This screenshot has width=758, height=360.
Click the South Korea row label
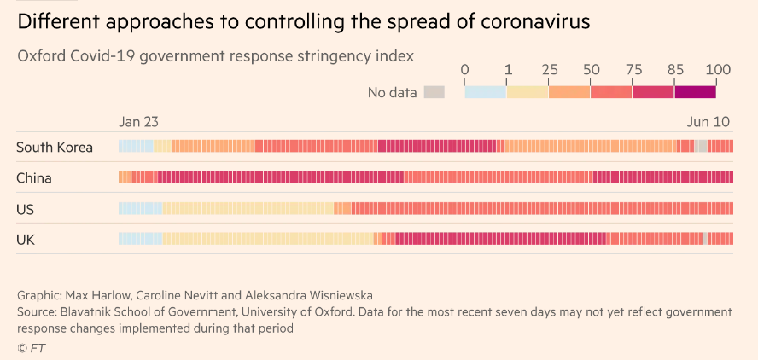[x=55, y=147]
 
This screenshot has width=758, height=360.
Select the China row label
[x=34, y=177]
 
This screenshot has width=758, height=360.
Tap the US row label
[x=26, y=209]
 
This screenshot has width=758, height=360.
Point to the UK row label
[x=26, y=240]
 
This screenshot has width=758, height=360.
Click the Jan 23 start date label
[x=137, y=122]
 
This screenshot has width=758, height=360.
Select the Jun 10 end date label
[x=708, y=122]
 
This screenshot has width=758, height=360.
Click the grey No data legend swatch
[x=434, y=92]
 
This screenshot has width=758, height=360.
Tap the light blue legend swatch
[x=485, y=92]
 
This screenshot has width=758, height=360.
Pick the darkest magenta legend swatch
[x=695, y=92]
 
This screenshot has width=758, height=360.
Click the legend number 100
[x=718, y=70]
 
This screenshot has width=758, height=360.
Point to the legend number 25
[x=549, y=70]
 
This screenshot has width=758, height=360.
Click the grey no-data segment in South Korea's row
[x=701, y=147]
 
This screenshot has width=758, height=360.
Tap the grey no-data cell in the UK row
[x=705, y=239]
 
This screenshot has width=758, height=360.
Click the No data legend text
[x=392, y=92]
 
